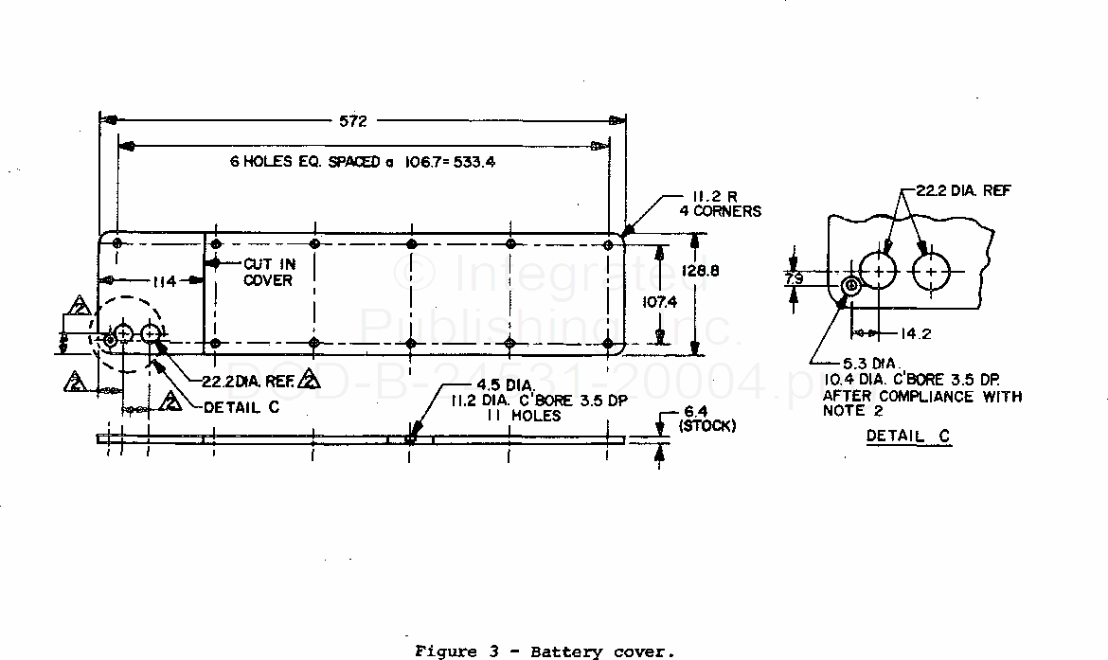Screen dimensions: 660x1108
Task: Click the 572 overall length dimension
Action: (x=358, y=120)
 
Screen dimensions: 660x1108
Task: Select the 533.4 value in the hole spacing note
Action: (x=474, y=162)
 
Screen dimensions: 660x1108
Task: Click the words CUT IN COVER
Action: (x=269, y=272)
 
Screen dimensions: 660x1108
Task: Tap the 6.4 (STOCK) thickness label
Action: (x=706, y=419)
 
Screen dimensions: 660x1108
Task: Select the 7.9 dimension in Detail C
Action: (x=795, y=278)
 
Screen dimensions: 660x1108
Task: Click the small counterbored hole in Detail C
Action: (x=850, y=285)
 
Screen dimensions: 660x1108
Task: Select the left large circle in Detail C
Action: (x=880, y=272)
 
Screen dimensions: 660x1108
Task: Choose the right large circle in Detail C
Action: (x=933, y=272)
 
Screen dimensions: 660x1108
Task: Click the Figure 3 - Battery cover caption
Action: (x=545, y=651)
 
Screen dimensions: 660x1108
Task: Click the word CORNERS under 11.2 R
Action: (x=727, y=211)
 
